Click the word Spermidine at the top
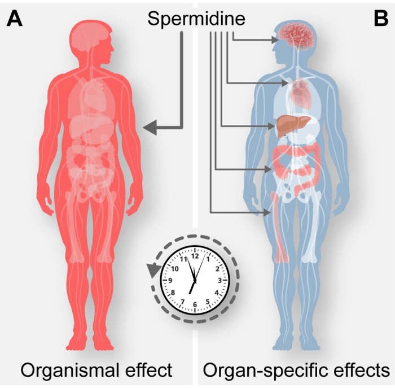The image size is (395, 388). [196, 19]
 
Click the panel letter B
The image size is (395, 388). [381, 19]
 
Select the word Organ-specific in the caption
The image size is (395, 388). [262, 370]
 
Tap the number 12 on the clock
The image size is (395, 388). [195, 256]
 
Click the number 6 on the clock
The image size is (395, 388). [195, 304]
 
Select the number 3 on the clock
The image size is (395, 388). [220, 280]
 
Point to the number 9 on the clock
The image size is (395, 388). [170, 280]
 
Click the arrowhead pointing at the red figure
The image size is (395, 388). [150, 128]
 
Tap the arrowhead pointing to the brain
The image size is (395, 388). [275, 40]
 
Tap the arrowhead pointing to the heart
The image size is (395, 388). [285, 82]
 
